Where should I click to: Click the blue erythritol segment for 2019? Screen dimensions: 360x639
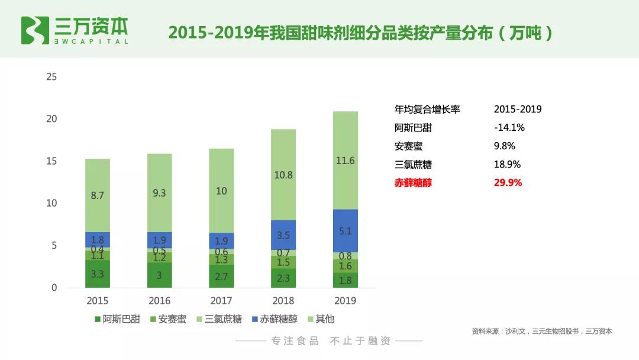pos(345,231)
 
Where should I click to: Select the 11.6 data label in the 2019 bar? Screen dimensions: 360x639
pos(345,160)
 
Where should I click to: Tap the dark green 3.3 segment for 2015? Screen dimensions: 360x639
pos(98,274)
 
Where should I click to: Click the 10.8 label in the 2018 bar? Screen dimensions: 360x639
pos(283,175)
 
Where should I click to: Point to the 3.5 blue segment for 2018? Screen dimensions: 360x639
pos(283,235)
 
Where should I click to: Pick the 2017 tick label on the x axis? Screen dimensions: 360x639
pos(221,301)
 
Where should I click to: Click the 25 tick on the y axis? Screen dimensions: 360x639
pos(51,77)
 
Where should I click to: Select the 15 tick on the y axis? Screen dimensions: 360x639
pos(51,161)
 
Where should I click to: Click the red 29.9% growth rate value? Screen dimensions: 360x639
pos(508,183)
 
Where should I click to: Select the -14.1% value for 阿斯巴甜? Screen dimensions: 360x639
pos(509,127)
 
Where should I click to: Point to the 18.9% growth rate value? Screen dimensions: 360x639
pos(506,165)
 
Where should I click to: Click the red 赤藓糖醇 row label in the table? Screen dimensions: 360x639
pos(413,183)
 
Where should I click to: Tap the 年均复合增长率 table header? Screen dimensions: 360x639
pos(427,110)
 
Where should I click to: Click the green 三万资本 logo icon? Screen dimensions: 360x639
pos(35,30)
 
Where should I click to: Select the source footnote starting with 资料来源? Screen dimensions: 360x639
pos(541,332)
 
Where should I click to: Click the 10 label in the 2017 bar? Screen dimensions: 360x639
pos(221,191)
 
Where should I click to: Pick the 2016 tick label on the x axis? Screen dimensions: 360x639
pos(159,301)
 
